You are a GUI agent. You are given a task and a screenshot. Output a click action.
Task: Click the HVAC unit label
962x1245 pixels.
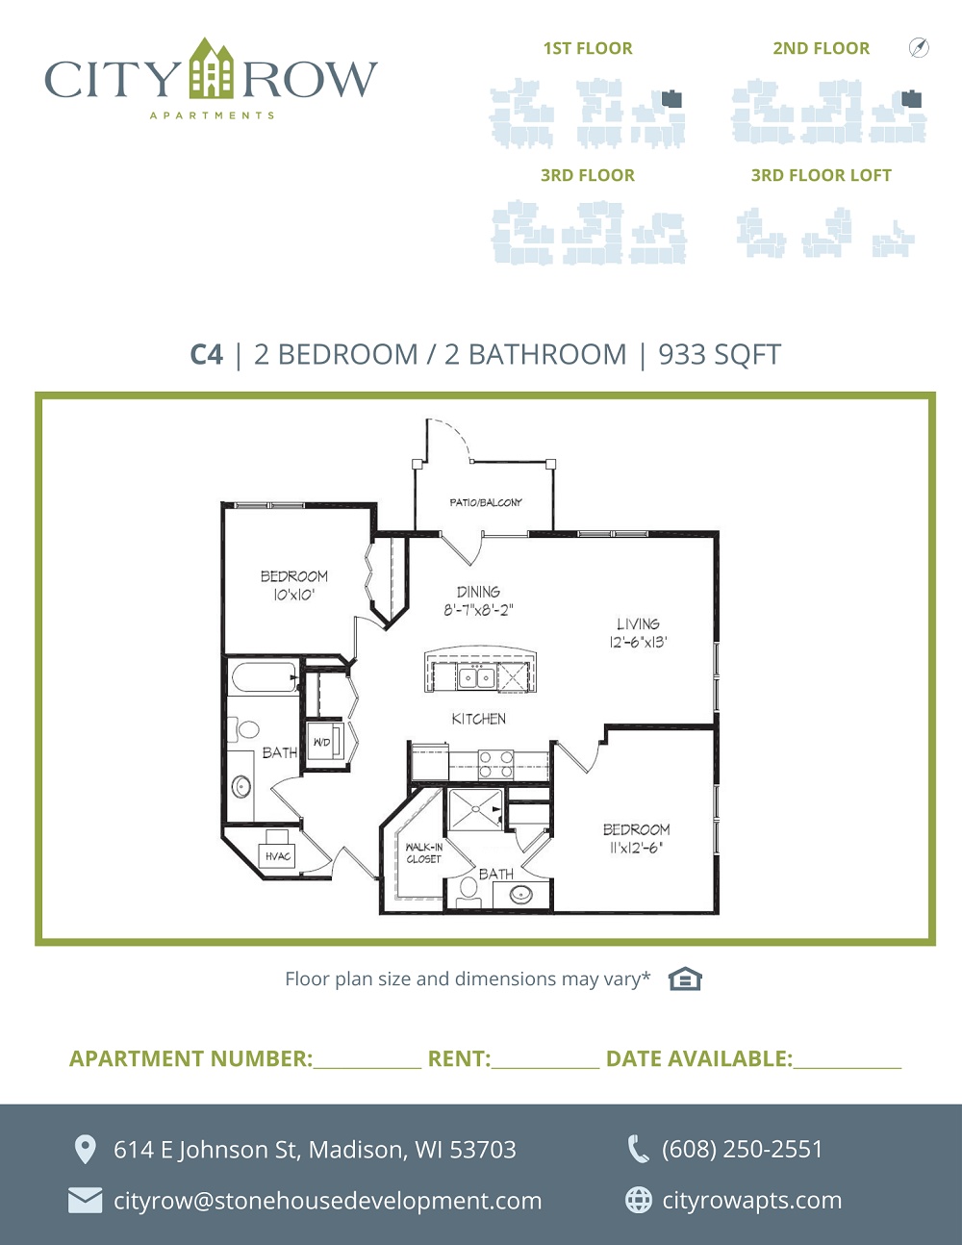pos(278,856)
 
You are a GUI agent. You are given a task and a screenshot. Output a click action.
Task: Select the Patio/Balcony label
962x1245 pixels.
pos(486,502)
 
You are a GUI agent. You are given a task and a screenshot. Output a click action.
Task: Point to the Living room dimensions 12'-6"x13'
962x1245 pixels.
pos(638,643)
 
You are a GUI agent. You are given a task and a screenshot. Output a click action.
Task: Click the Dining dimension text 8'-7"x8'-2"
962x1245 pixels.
pos(478,610)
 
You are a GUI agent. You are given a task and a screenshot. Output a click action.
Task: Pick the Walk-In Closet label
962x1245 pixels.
pos(423,852)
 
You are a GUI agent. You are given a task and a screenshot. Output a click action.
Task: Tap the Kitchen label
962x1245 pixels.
pos(479,719)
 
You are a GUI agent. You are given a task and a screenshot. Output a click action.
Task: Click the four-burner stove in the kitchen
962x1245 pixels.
pos(495,764)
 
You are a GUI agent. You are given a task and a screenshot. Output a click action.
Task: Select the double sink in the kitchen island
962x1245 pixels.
pos(476,678)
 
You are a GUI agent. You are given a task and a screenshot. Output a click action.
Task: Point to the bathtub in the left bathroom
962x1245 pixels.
pos(266,677)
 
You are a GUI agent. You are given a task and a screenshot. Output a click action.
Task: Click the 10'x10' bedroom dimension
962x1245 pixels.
pos(293,595)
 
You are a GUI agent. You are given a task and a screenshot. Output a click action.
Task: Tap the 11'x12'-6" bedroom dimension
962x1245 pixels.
pos(636,848)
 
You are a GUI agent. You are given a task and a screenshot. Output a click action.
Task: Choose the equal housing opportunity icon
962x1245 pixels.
pos(685,978)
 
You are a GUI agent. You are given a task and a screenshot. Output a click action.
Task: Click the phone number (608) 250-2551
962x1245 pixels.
pos(742,1150)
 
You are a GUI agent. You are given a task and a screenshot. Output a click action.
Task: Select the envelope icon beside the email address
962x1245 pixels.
pos(85,1201)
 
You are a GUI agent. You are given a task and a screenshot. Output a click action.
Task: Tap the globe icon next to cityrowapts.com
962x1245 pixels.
pos(639,1200)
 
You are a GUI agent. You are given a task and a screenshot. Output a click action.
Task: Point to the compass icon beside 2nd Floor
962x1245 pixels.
pos(919,47)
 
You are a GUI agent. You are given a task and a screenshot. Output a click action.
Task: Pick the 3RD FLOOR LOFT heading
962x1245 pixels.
pos(822,175)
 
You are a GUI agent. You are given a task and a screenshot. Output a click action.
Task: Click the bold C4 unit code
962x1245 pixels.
pos(206,354)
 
